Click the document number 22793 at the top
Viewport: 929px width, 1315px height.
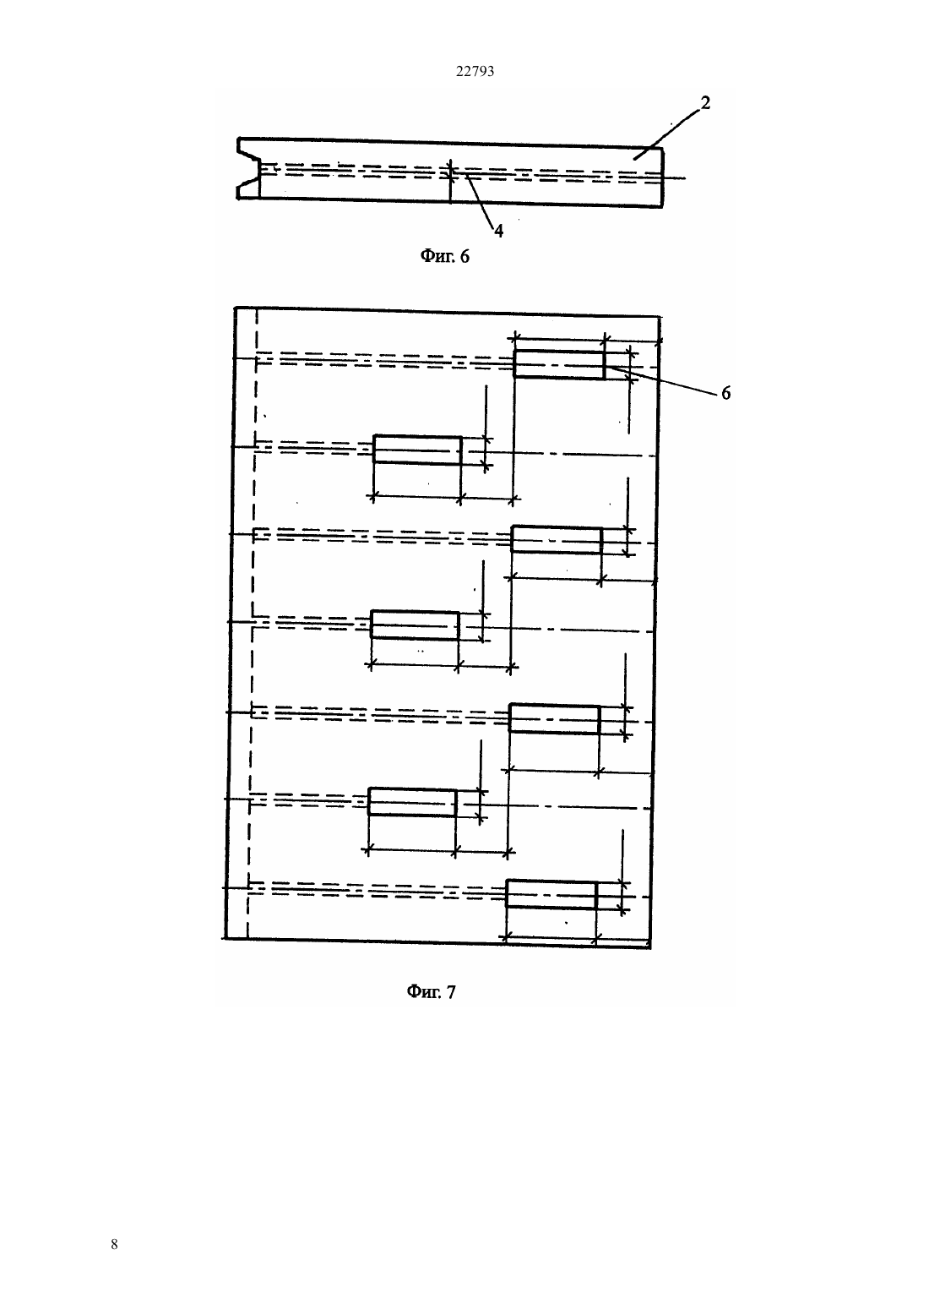tap(475, 72)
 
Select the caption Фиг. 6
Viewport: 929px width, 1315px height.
tap(445, 256)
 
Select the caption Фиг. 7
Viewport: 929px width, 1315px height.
tap(431, 991)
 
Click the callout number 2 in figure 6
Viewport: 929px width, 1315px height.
tap(705, 103)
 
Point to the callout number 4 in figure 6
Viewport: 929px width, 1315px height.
tap(498, 231)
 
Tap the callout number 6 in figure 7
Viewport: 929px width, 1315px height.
tap(726, 393)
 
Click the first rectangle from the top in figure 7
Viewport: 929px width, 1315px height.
tap(559, 364)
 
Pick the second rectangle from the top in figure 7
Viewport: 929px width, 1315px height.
tap(417, 450)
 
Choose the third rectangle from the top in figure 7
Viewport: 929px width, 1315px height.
tap(557, 539)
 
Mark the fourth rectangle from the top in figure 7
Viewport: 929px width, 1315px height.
tap(415, 625)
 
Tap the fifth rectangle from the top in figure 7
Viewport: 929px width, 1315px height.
tap(554, 718)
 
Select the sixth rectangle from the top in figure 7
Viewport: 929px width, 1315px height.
tap(412, 802)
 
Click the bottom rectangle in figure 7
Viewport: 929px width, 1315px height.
tap(551, 895)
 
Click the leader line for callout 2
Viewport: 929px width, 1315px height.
tap(666, 134)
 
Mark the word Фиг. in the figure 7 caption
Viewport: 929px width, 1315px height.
tap(422, 991)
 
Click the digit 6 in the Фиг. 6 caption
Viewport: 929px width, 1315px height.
tap(465, 257)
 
